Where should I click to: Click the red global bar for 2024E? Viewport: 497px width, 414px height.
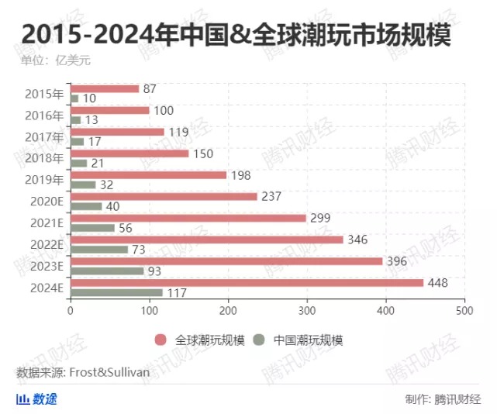point(247,282)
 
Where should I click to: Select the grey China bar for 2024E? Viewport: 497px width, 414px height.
point(117,292)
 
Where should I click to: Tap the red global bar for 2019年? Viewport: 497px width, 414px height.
point(149,175)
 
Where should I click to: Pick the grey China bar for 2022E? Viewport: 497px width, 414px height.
point(99,250)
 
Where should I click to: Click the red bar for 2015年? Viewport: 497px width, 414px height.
point(105,89)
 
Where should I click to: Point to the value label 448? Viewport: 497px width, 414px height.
point(438,282)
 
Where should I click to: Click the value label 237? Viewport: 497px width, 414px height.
point(271,196)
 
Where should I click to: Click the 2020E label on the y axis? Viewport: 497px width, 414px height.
point(47,201)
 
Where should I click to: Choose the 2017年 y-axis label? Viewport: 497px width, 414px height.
point(45,137)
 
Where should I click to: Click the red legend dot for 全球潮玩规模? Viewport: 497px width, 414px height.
point(160,340)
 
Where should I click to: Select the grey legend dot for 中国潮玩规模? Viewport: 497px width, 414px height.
point(260,340)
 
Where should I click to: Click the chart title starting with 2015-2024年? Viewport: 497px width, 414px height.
point(236,36)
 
